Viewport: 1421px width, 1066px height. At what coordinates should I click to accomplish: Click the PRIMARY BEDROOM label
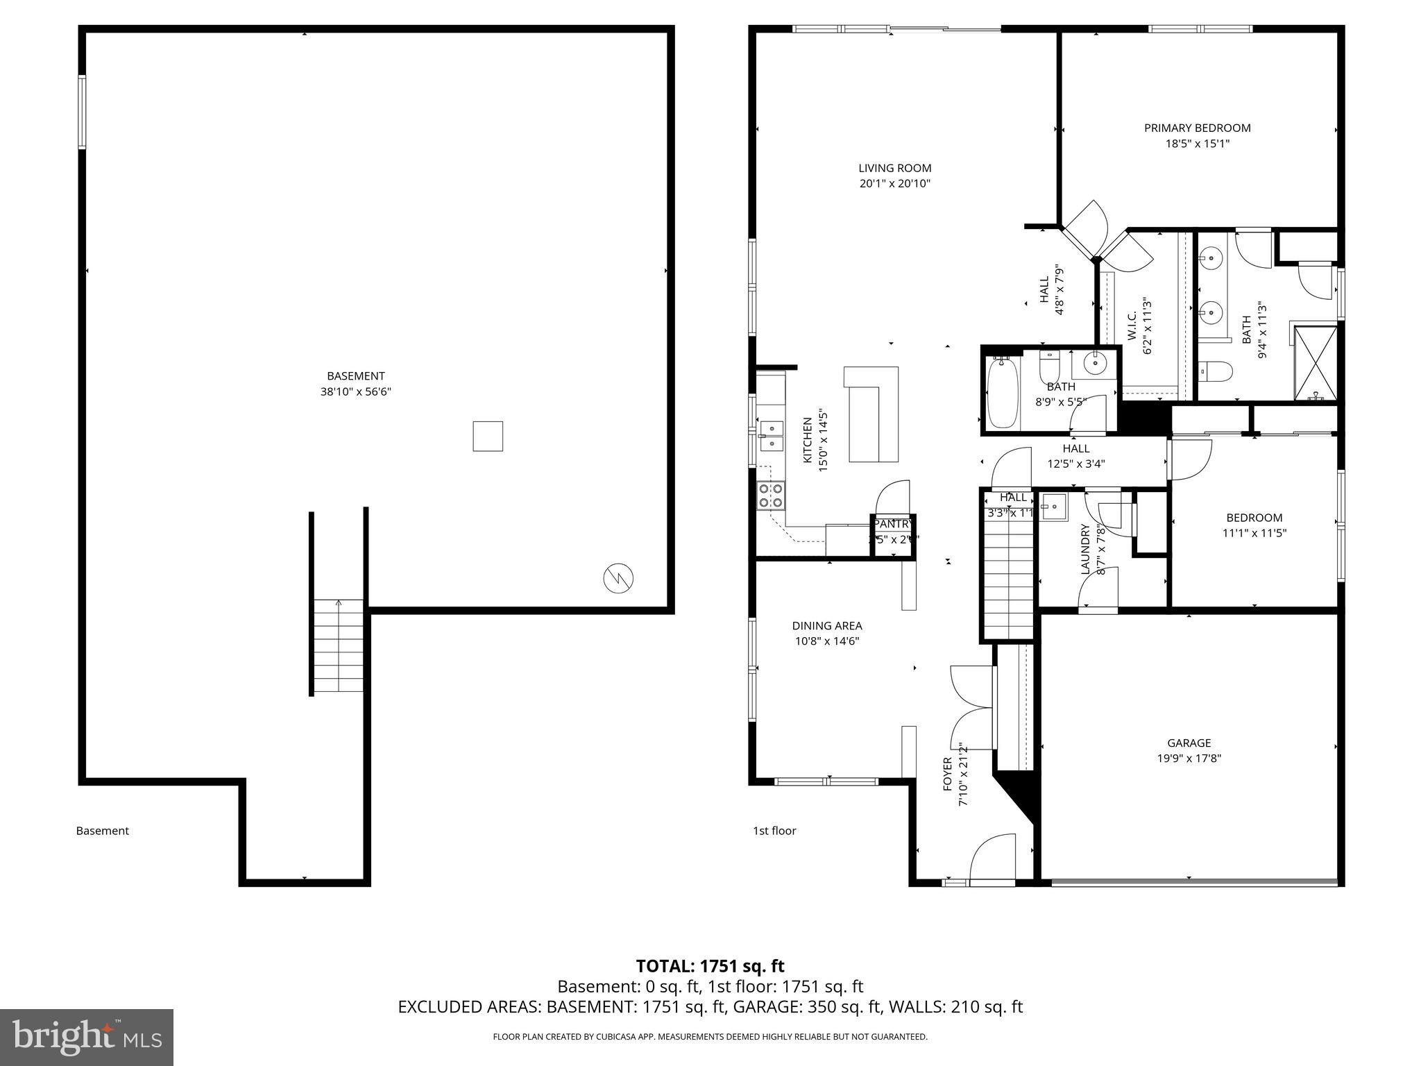pos(1197,128)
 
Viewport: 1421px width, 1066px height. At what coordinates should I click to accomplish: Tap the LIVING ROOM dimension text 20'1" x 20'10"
pos(894,184)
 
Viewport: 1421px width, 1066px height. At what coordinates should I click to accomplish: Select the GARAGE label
pos(1189,743)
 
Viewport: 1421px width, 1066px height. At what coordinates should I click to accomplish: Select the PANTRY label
pos(894,524)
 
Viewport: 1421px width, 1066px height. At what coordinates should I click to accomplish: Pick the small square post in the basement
pos(488,437)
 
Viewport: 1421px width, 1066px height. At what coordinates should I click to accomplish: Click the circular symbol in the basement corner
pos(618,578)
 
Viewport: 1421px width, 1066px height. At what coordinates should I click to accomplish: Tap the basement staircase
pos(339,645)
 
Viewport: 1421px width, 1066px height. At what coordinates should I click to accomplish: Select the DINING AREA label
pos(827,626)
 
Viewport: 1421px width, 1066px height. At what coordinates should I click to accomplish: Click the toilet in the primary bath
pos(1215,372)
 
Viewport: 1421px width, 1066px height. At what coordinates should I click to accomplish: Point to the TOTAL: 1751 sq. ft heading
pos(710,966)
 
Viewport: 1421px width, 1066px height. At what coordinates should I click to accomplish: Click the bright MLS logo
pos(87,1037)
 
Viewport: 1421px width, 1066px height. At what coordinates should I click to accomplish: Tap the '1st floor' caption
pos(774,831)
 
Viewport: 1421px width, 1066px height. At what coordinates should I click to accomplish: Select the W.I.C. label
pos(1132,326)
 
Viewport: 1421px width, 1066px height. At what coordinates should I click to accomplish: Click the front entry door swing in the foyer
pos(993,858)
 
